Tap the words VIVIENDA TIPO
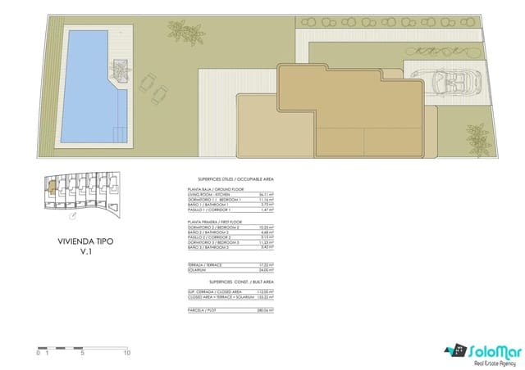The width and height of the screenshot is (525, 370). [x=80, y=242]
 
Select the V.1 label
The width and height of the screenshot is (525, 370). [x=80, y=253]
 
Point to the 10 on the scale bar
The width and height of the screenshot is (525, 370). [x=126, y=331]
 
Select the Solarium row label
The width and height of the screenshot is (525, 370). [x=201, y=270]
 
